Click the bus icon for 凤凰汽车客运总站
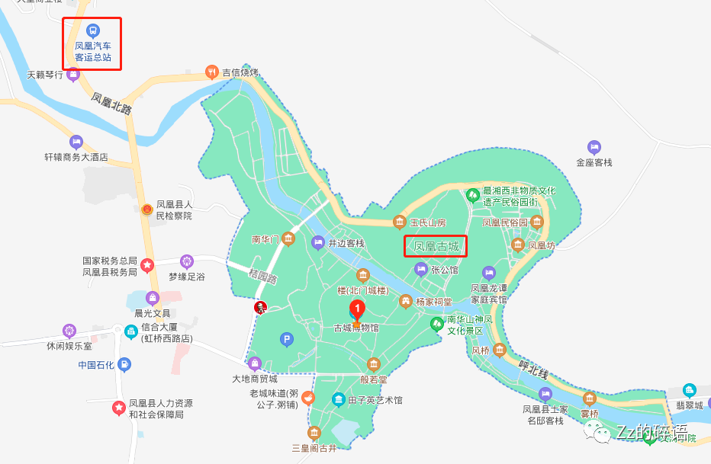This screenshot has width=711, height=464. (x=92, y=30)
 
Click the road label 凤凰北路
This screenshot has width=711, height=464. (x=111, y=104)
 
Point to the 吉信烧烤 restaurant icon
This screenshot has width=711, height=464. (x=212, y=72)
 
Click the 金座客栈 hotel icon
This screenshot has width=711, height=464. (x=594, y=147)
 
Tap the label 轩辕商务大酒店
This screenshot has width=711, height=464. (x=76, y=158)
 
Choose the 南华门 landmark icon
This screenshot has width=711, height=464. (x=288, y=239)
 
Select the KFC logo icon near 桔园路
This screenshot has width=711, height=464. (x=260, y=307)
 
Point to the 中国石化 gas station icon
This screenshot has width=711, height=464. (x=125, y=365)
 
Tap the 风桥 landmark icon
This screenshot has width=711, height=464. (x=499, y=350)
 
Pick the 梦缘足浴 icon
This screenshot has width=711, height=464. (x=187, y=262)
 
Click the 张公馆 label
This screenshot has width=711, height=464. (x=445, y=270)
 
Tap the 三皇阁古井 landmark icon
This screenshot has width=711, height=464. (x=314, y=433)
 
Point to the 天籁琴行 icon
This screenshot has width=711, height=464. (x=73, y=74)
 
